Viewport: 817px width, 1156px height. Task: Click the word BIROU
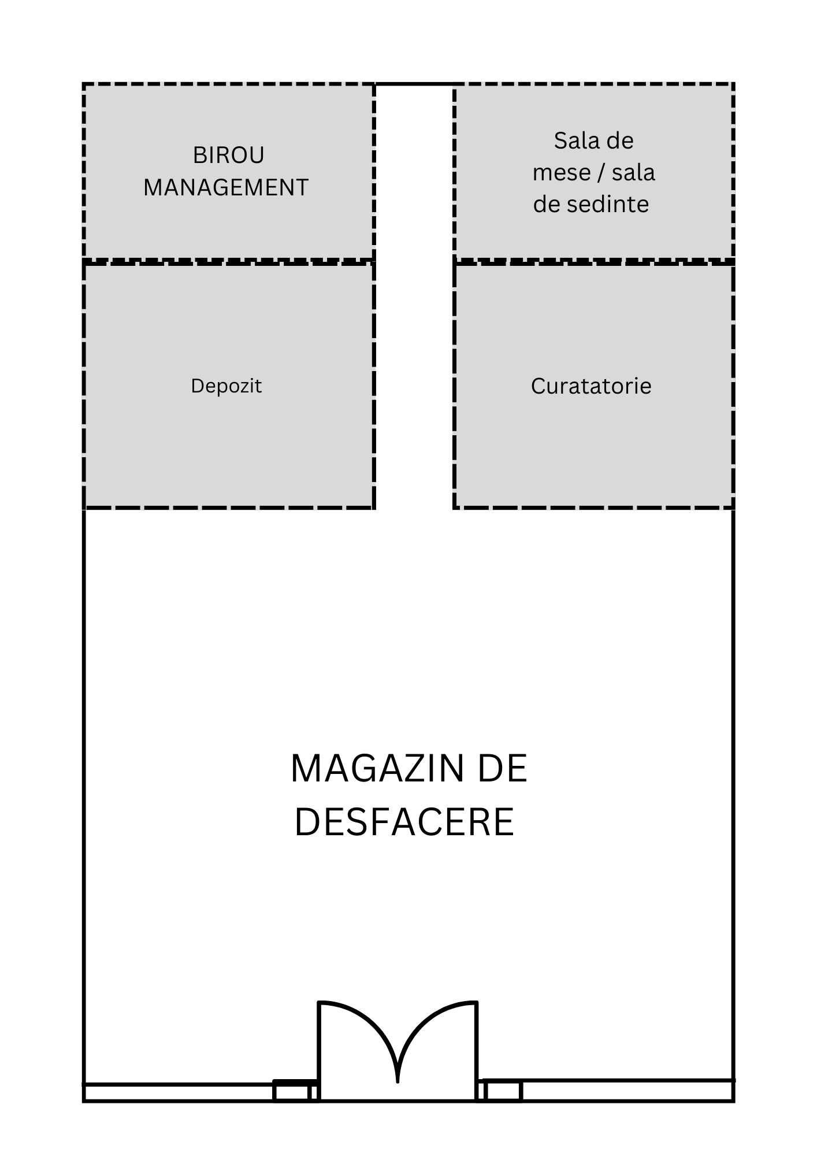click(228, 155)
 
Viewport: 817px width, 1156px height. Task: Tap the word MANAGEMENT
click(226, 187)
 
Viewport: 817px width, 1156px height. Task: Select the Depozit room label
click(226, 386)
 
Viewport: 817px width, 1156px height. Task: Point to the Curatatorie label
click(591, 386)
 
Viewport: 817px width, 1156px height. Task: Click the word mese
click(562, 172)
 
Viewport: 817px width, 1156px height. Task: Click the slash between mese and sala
click(601, 172)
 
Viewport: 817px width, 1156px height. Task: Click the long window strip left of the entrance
click(179, 1092)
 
